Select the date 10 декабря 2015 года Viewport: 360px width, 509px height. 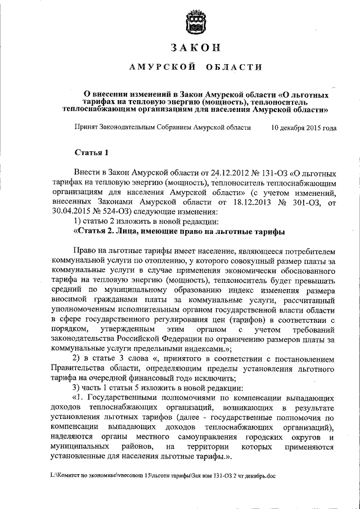tap(304, 128)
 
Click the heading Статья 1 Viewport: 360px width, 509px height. tap(91, 152)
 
